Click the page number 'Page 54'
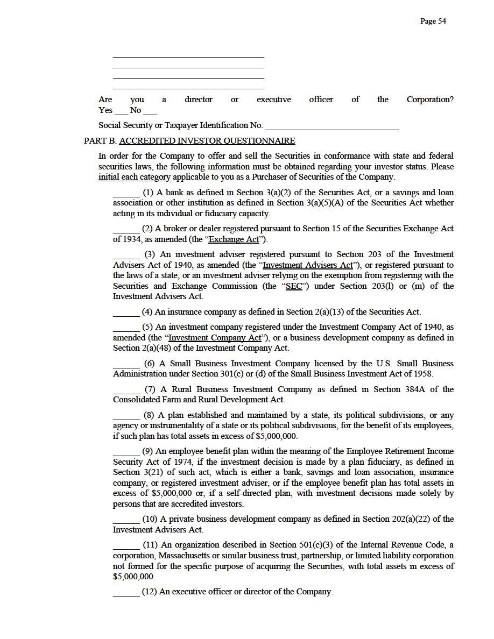click(433, 21)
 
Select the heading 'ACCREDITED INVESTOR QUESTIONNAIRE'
click(207, 141)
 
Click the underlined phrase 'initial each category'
click(135, 177)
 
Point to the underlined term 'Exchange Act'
click(234, 239)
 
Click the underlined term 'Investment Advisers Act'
click(308, 265)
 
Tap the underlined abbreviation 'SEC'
click(294, 286)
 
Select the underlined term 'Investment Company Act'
click(215, 338)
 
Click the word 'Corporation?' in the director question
click(429, 100)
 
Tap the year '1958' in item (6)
click(420, 374)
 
